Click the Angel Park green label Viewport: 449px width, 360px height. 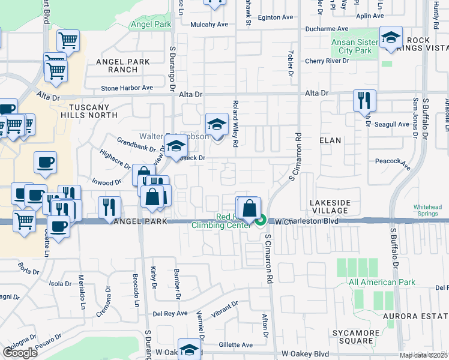(x=150, y=25)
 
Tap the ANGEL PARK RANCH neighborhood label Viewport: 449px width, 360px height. (x=115, y=65)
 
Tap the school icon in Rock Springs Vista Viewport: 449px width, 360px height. (x=391, y=38)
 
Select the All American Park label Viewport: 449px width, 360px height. (x=381, y=282)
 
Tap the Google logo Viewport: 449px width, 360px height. (x=20, y=353)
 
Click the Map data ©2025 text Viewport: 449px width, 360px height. (x=423, y=355)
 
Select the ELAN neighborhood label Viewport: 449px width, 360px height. (x=330, y=140)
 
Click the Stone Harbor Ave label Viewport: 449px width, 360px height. (x=127, y=88)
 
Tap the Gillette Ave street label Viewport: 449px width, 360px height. (x=235, y=345)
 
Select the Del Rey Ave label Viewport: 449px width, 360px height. (x=170, y=313)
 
